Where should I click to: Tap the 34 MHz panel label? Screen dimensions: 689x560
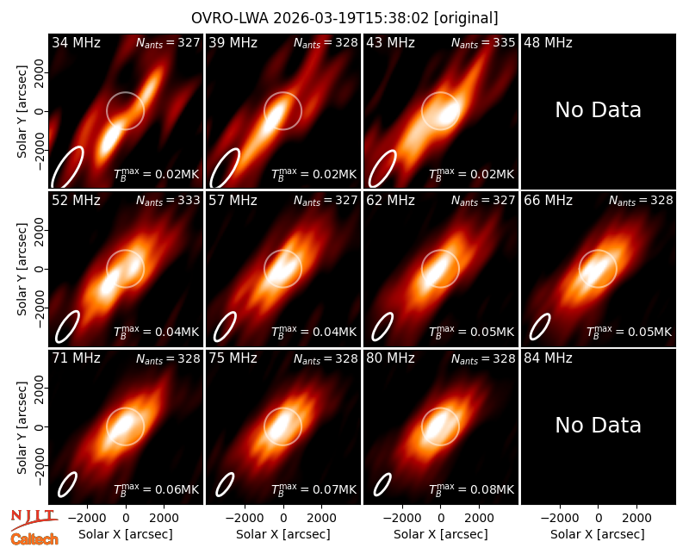pos(76,42)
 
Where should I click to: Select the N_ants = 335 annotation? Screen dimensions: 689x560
pos(483,42)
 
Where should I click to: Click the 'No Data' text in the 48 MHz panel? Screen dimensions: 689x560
pos(598,110)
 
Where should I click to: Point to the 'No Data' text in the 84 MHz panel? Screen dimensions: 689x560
pos(598,425)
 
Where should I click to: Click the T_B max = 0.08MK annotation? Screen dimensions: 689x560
pos(471,489)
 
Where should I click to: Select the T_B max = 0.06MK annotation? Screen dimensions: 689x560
pos(157,489)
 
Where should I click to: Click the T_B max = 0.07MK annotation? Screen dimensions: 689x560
pos(313,489)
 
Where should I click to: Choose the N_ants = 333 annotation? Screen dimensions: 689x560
pos(168,201)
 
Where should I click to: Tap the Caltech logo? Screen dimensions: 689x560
pos(34,539)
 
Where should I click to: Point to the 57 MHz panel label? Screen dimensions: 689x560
pos(233,201)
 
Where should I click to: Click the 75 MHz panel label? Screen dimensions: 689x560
pos(233,358)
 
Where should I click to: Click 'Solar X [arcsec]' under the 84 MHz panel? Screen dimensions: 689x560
pos(598,534)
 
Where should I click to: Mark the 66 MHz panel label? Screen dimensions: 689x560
pos(548,201)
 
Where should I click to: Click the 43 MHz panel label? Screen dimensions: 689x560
pos(391,42)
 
